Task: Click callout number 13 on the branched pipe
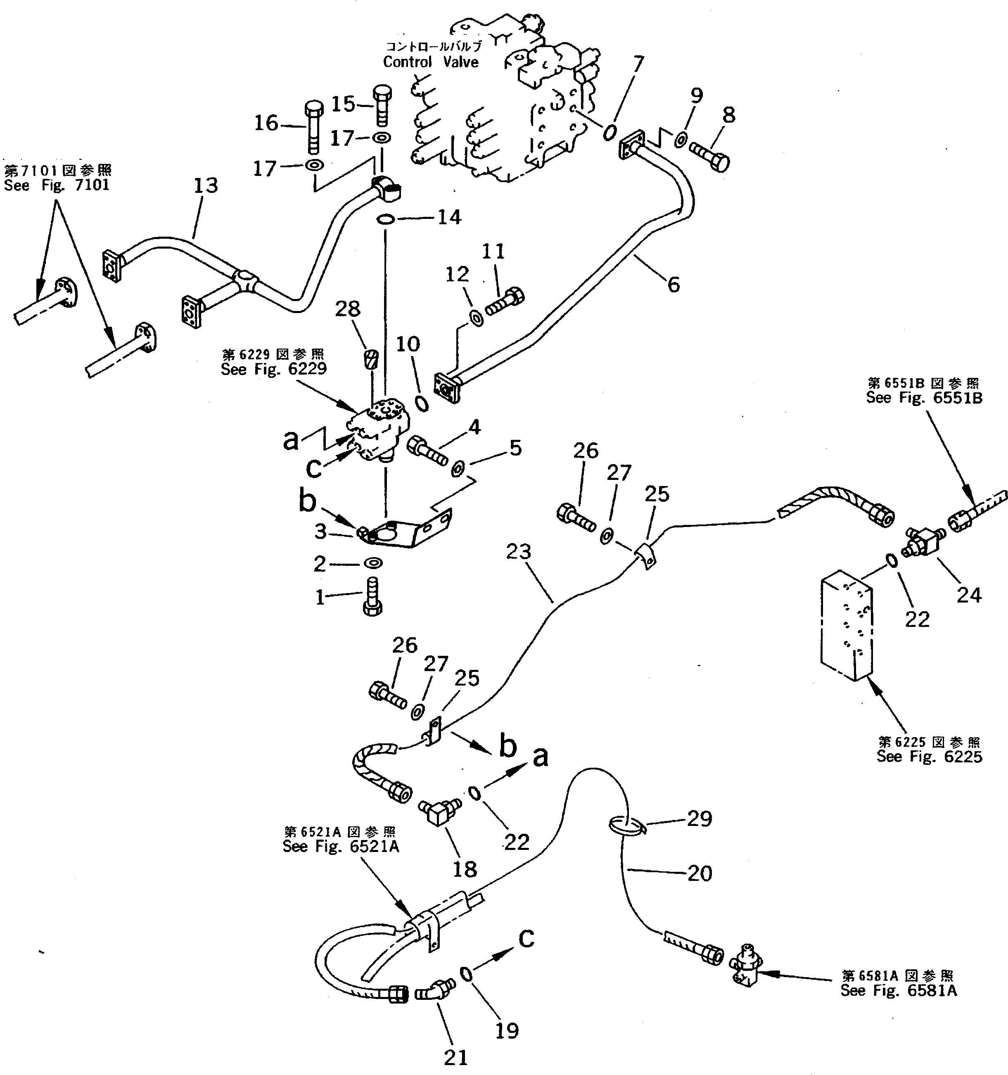[206, 185]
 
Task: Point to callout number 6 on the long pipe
[673, 285]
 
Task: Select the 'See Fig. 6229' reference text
[274, 369]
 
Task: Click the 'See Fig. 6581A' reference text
[898, 991]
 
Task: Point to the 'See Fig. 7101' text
[57, 185]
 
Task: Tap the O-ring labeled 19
[466, 974]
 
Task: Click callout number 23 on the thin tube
[519, 552]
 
